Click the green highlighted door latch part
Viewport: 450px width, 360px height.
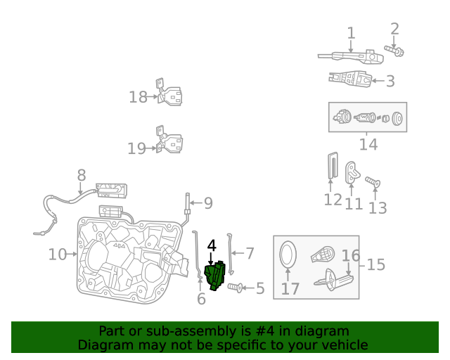(x=214, y=276)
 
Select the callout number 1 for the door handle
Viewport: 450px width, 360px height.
(x=351, y=33)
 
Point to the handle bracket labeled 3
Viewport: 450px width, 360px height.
(x=349, y=79)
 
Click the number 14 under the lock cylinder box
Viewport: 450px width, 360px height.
(x=368, y=145)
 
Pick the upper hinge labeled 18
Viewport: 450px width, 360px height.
(x=170, y=96)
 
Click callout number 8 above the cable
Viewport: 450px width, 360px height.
(x=81, y=175)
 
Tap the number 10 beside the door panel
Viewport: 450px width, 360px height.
(x=58, y=254)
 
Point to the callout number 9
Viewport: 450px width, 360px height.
(x=207, y=203)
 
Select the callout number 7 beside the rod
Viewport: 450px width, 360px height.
(x=249, y=252)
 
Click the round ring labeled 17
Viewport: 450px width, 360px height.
(x=289, y=254)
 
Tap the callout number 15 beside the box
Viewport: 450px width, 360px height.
(x=376, y=264)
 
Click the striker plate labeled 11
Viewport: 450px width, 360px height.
(x=353, y=172)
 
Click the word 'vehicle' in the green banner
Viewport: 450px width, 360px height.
(x=344, y=345)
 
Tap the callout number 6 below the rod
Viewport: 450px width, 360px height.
(x=201, y=300)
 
